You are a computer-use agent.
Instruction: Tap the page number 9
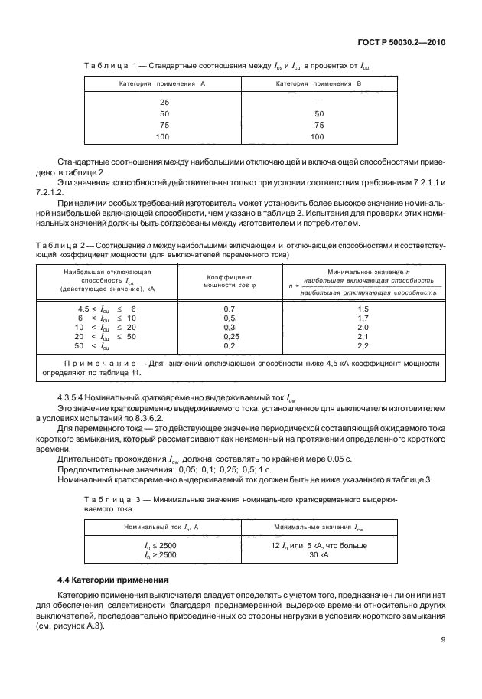[x=444, y=641]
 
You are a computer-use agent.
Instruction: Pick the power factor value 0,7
[x=229, y=307]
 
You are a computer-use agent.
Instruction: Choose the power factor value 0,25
[x=229, y=336]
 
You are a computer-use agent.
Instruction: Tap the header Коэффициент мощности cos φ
[x=229, y=280]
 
